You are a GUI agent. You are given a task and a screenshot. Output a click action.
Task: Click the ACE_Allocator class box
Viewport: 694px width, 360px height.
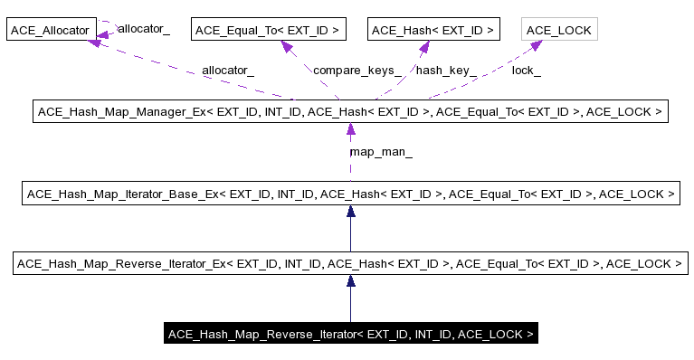coord(50,31)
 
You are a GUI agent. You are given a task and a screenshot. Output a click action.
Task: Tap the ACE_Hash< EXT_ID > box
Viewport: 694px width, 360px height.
coord(434,31)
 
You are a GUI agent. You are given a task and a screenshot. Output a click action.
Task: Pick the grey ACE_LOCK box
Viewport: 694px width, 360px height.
coord(558,31)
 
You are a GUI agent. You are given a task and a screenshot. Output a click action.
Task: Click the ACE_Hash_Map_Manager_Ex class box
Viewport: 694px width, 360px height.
coord(349,112)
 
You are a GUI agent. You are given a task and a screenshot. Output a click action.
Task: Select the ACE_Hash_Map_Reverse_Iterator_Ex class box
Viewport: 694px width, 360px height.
coord(349,264)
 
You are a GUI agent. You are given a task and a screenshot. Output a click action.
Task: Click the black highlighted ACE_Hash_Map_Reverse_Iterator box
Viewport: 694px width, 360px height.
coord(351,335)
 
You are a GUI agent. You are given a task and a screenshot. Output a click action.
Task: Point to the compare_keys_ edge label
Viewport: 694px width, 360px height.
coord(357,70)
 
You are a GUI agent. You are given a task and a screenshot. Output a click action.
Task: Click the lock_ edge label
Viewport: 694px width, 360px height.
coord(526,70)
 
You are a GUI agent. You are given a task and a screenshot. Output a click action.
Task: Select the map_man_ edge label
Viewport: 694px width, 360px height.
coord(381,153)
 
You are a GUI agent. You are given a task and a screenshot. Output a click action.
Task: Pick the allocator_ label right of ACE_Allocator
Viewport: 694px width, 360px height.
coord(144,29)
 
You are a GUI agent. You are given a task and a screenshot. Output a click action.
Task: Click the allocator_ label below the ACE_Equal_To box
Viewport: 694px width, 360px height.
coord(228,70)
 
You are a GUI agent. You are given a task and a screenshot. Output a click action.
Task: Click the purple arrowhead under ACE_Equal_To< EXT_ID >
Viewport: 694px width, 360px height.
coord(287,46)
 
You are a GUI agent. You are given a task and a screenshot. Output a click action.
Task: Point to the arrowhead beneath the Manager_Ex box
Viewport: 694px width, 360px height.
coord(350,129)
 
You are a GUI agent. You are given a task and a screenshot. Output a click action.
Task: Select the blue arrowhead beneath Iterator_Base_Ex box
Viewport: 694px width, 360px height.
coord(350,211)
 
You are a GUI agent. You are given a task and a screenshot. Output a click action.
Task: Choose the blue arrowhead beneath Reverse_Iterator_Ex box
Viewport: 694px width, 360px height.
coord(350,281)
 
